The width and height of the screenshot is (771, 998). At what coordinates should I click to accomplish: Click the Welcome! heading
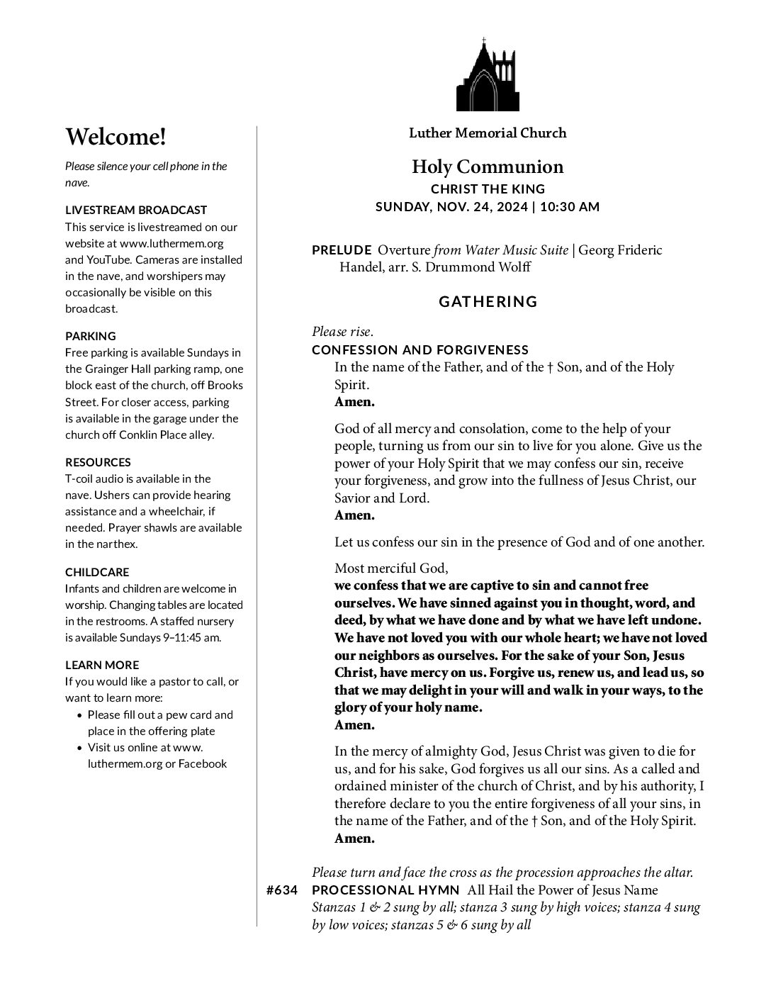(x=116, y=137)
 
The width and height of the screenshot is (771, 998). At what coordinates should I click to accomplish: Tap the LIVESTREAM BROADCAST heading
(x=136, y=210)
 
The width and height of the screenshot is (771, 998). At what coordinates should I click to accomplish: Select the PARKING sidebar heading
(x=91, y=336)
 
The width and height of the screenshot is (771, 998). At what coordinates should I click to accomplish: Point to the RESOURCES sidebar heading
(x=98, y=462)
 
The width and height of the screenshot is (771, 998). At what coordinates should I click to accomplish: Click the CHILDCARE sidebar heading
(x=97, y=572)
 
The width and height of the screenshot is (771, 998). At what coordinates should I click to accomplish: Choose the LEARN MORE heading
(x=102, y=665)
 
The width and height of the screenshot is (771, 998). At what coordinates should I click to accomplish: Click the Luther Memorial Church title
(x=488, y=133)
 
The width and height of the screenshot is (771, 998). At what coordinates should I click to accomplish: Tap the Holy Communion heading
(x=488, y=167)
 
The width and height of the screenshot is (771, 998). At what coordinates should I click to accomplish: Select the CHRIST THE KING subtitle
(x=488, y=189)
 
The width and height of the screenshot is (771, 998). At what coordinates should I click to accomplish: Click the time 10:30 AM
(x=570, y=207)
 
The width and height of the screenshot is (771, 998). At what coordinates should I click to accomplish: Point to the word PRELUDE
(x=342, y=250)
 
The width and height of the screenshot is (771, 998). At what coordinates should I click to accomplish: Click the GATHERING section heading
(x=488, y=302)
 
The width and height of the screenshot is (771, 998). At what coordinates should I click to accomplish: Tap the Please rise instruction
(x=342, y=332)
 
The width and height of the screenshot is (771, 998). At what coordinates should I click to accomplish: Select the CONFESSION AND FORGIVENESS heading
(x=420, y=350)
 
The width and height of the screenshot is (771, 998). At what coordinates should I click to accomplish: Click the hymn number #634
(x=282, y=891)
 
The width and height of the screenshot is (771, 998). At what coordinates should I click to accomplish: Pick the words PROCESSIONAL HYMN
(x=386, y=891)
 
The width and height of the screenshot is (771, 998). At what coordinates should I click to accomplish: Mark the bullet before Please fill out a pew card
(x=80, y=716)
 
